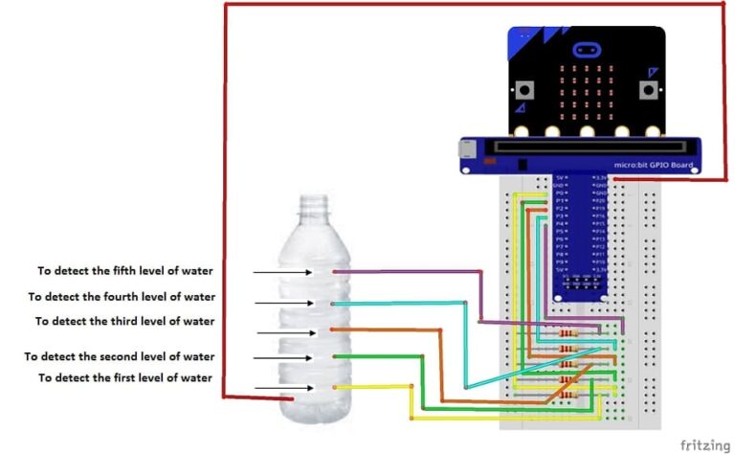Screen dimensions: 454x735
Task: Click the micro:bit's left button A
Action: click(x=524, y=91)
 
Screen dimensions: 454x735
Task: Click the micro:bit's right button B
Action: click(x=649, y=91)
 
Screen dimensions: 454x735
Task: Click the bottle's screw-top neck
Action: click(x=315, y=207)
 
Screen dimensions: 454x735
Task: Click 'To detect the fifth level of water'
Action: click(x=124, y=270)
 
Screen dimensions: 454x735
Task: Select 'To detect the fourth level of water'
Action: click(x=122, y=297)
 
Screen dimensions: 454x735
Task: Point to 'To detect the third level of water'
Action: click(x=124, y=321)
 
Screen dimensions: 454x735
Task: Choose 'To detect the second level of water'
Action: click(x=120, y=356)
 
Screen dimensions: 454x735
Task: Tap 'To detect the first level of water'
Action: click(x=124, y=378)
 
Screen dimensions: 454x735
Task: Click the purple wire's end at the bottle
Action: click(x=334, y=272)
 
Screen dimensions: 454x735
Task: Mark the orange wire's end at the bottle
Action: click(x=333, y=330)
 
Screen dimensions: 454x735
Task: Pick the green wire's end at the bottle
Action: click(x=334, y=357)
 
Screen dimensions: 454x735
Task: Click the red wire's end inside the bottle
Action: click(x=293, y=397)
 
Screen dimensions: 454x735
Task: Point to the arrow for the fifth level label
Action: click(x=283, y=273)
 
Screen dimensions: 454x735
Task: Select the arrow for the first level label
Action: click(x=283, y=388)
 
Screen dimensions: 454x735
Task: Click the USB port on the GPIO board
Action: click(x=465, y=149)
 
